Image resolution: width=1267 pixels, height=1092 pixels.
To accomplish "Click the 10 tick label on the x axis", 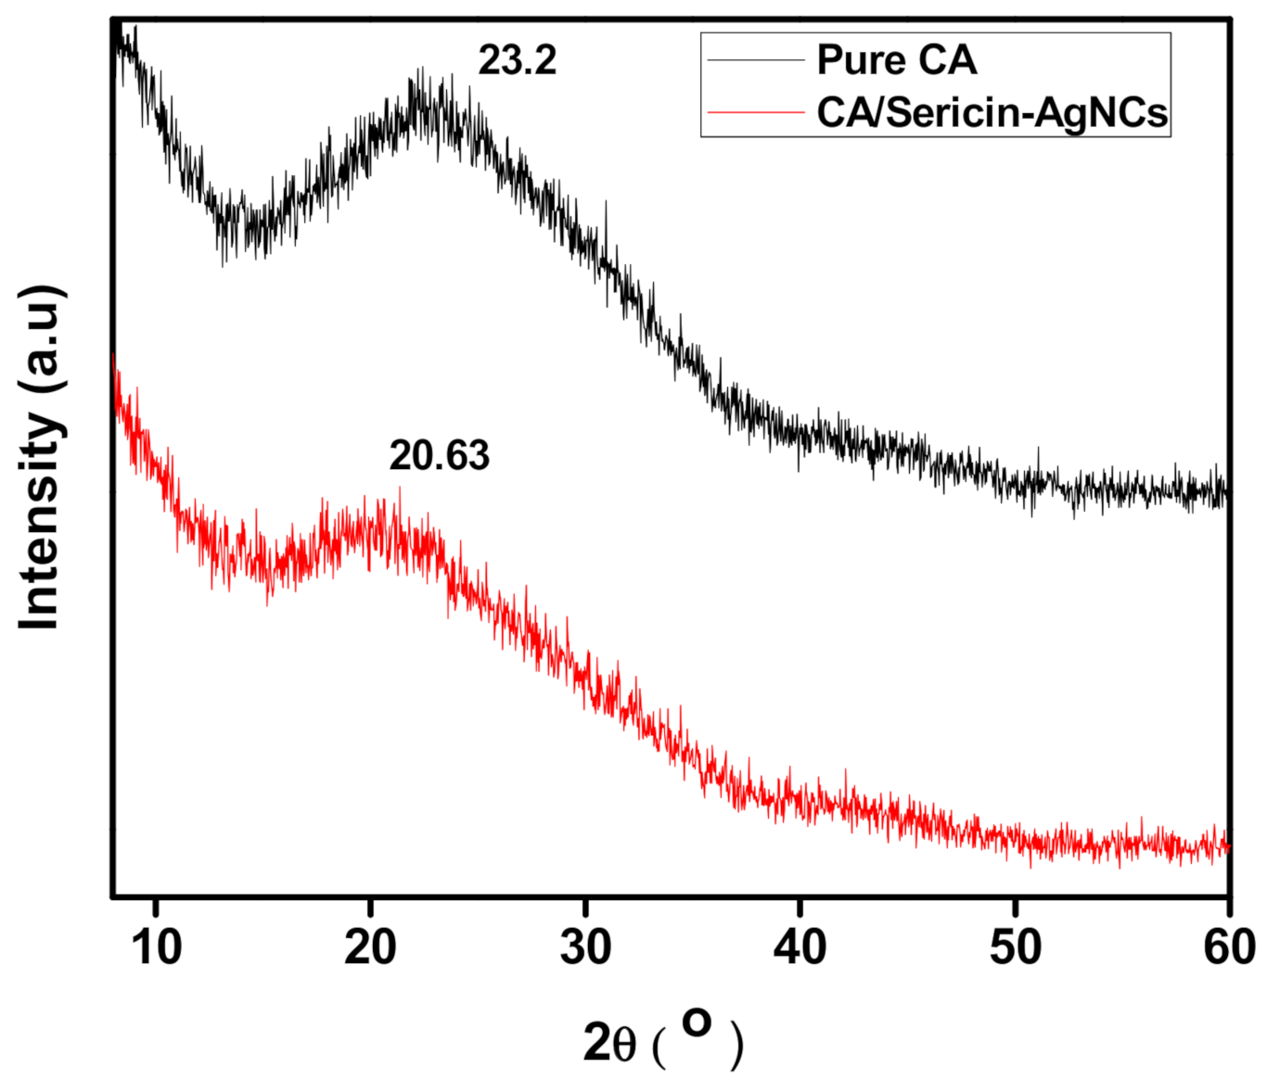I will pos(156,947).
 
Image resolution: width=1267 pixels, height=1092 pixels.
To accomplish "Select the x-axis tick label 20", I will pos(370,947).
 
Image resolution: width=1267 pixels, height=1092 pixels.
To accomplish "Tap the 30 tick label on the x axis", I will pos(585,947).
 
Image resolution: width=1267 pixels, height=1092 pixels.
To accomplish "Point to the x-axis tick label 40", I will pos(800,947).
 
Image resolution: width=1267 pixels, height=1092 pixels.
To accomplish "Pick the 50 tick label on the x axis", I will pos(1015,947).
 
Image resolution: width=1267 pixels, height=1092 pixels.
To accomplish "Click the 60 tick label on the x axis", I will pos(1228,947).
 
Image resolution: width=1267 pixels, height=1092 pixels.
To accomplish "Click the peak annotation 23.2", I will pos(517,61).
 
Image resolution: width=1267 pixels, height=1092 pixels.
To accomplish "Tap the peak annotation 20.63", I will pos(439,456).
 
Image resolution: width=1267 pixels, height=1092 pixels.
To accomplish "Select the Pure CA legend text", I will pos(896,60).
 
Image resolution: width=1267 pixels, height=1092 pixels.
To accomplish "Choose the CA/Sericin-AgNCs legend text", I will pos(992,113).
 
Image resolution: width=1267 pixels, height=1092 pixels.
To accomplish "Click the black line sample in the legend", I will pos(755,60).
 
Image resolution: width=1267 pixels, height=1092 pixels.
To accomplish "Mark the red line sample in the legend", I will pos(755,112).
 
